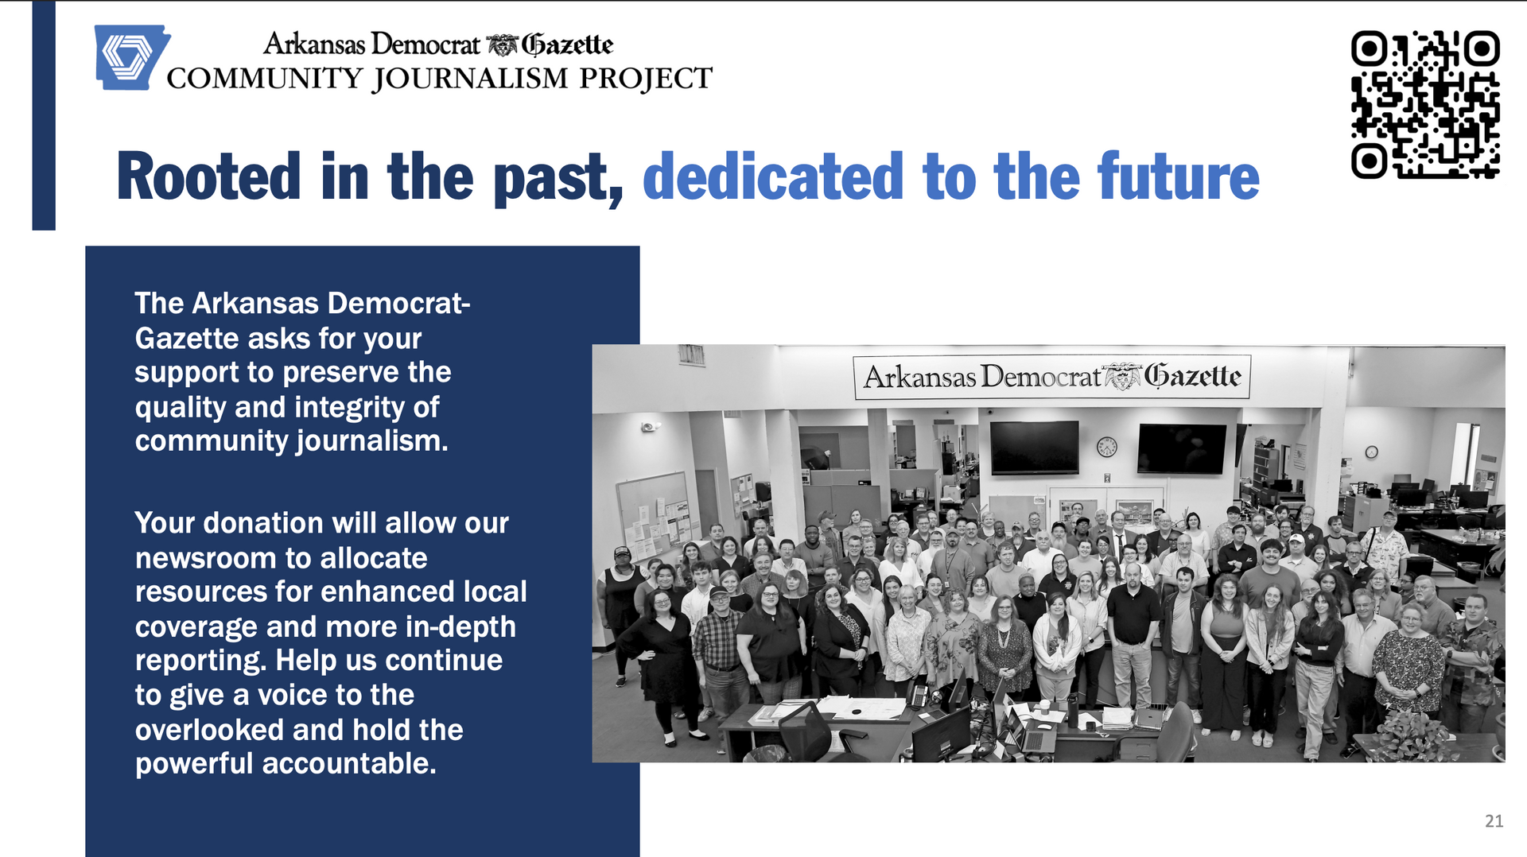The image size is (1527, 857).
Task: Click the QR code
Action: [1425, 104]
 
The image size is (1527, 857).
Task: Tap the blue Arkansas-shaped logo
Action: [130, 57]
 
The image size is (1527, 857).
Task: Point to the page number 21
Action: [1494, 821]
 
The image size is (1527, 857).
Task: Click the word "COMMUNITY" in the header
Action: [265, 79]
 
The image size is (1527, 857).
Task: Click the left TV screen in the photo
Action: [1034, 447]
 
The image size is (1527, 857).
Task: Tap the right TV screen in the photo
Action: [1183, 448]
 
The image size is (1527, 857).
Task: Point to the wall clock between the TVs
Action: [1107, 447]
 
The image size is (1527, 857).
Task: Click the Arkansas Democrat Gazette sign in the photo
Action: [1051, 376]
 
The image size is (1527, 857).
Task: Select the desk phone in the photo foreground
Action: [919, 695]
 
